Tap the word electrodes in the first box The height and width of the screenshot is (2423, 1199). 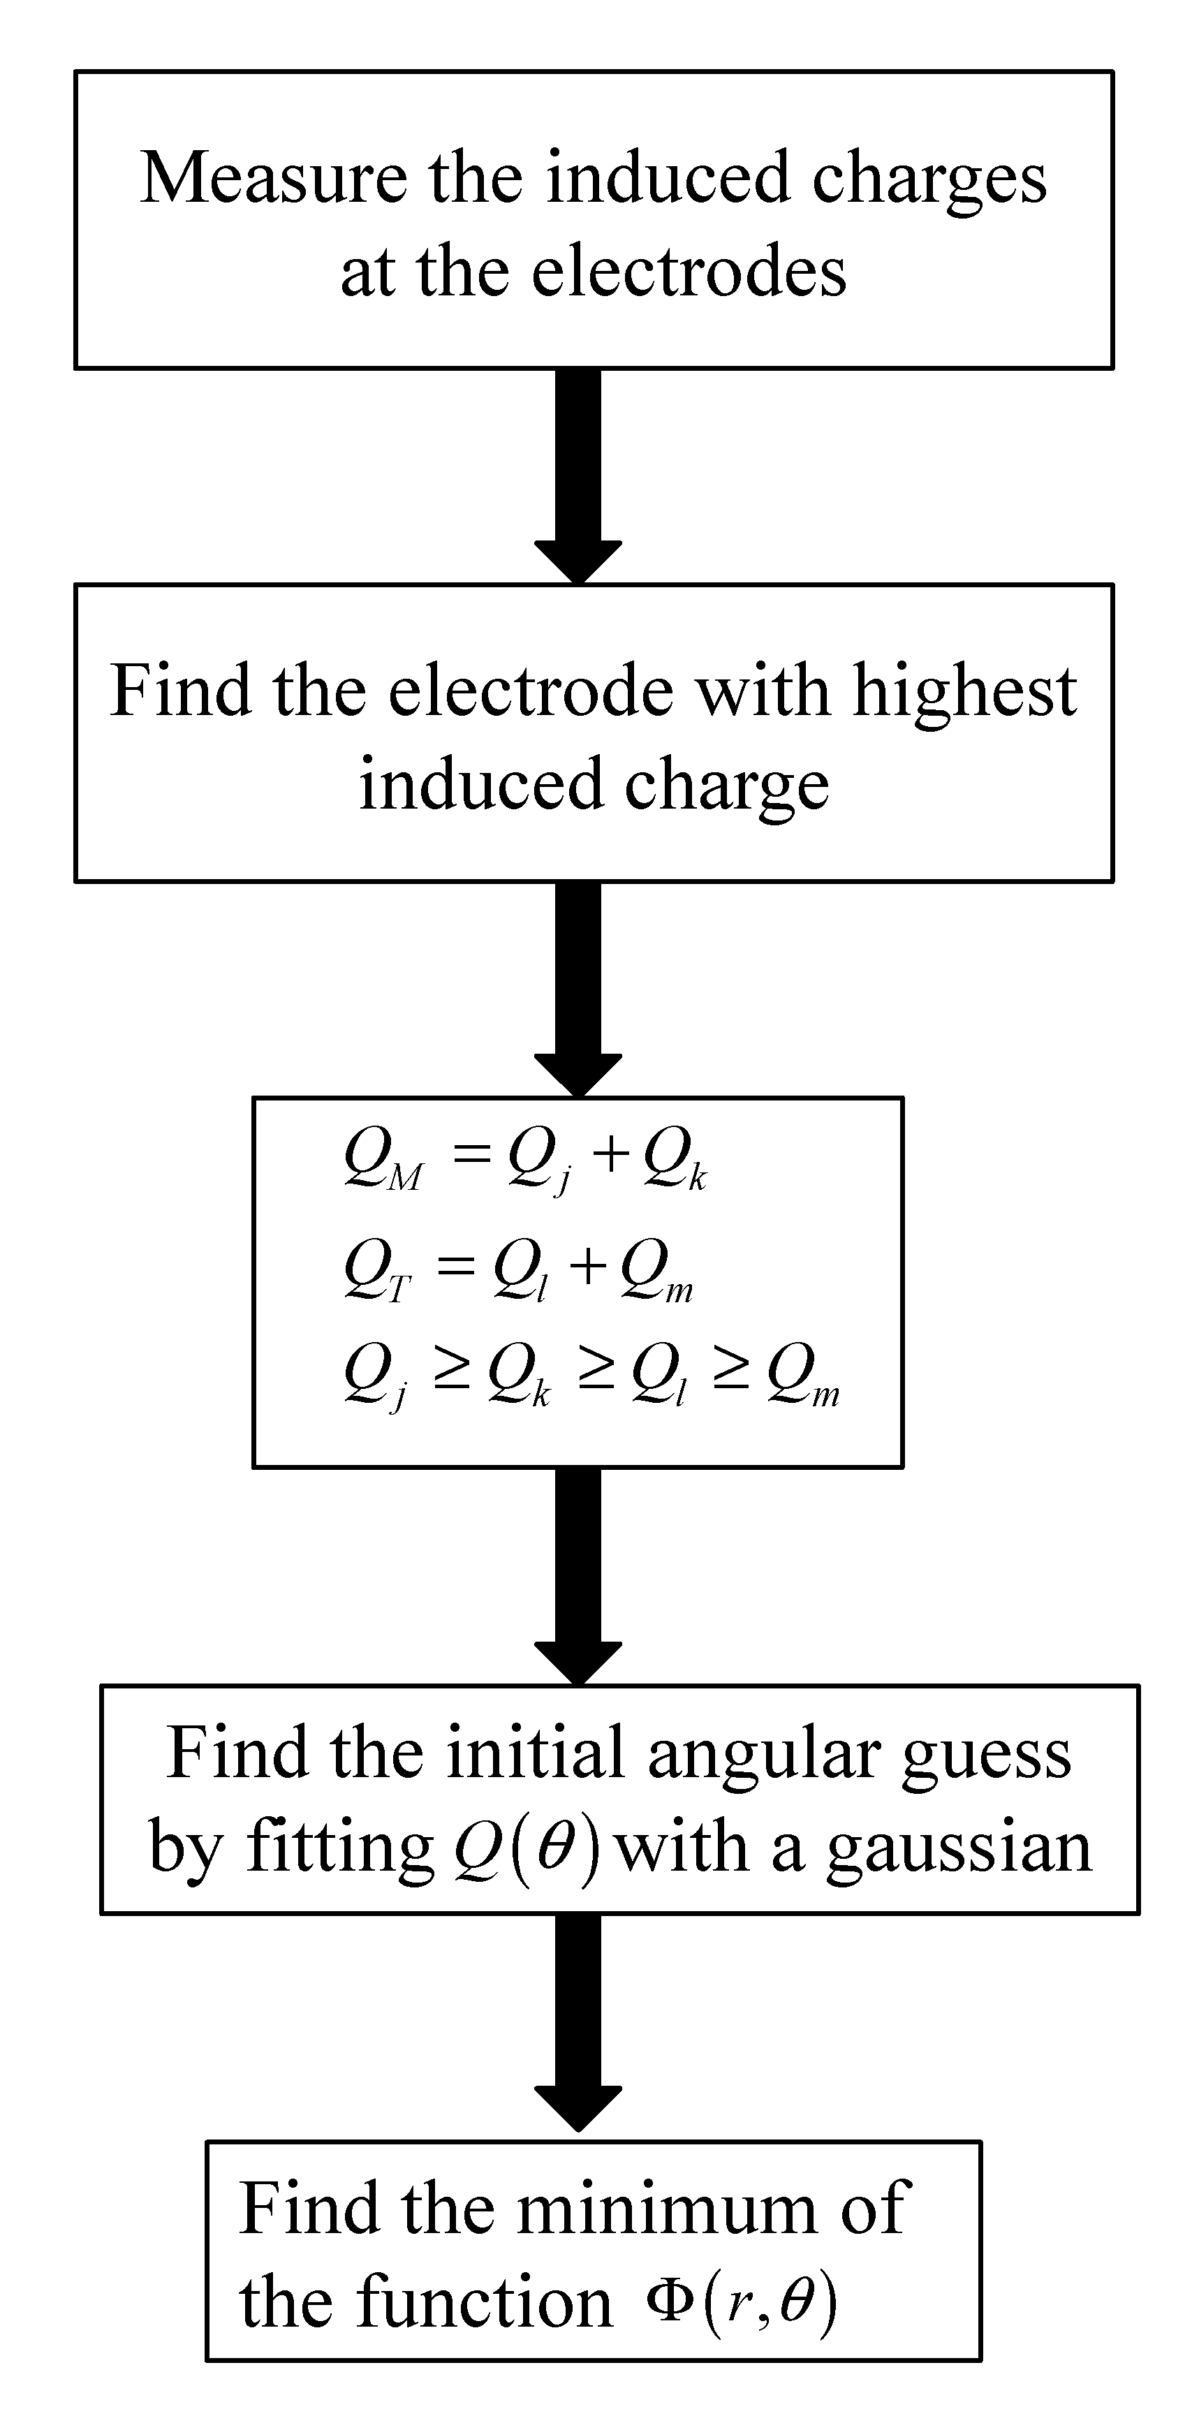coord(689,273)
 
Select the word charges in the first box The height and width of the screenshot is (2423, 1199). coord(929,178)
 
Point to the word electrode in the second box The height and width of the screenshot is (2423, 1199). coord(531,691)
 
